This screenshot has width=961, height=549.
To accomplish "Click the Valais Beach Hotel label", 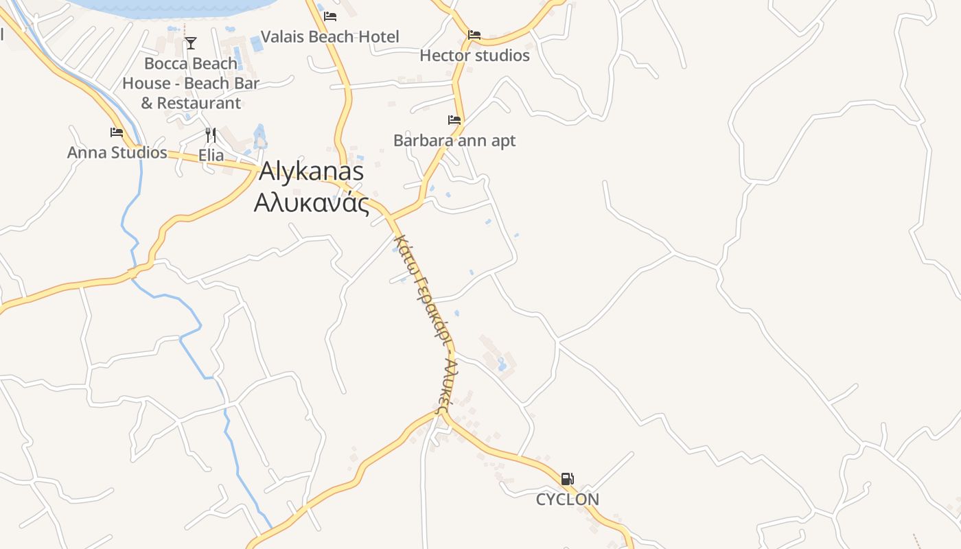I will [330, 36].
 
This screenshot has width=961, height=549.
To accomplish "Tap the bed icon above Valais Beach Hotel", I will [330, 16].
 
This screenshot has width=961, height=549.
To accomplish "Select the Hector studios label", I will [474, 56].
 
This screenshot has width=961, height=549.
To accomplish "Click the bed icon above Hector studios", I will [474, 35].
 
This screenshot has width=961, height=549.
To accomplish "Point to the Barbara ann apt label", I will [454, 141].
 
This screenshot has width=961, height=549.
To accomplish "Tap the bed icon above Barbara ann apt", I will [454, 120].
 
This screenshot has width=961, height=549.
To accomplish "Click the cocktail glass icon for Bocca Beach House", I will [191, 43].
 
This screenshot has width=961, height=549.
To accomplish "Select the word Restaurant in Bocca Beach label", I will [199, 104].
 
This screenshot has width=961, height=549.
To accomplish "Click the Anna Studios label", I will [117, 152].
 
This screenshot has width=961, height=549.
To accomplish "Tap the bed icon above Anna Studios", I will [117, 132].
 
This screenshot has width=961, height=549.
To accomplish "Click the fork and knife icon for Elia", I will [211, 135].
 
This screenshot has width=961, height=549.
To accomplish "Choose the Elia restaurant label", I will [211, 155].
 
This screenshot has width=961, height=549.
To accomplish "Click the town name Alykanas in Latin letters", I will [311, 172].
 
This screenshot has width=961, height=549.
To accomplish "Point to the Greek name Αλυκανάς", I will [311, 203].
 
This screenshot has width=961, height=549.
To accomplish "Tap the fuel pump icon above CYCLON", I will [567, 479].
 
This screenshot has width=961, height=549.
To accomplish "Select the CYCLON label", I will [567, 500].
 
